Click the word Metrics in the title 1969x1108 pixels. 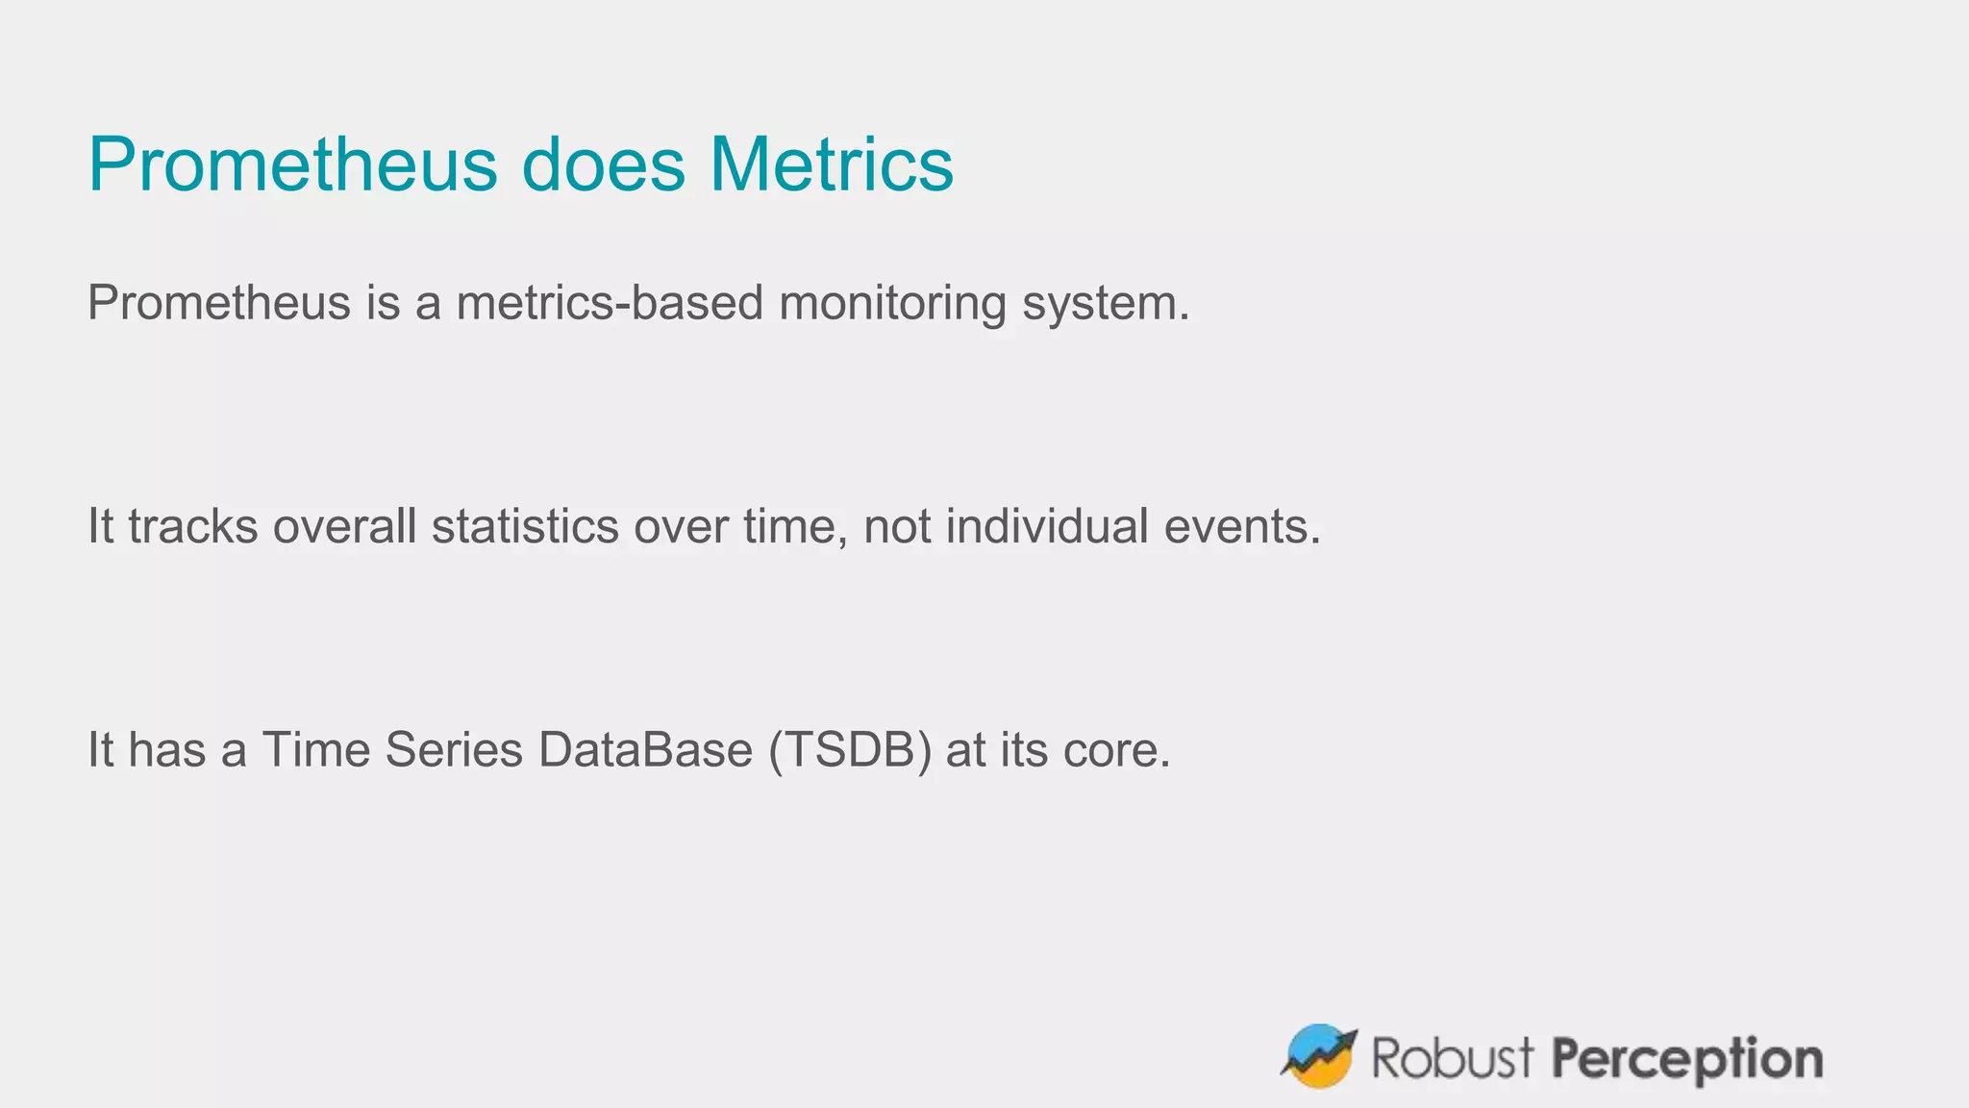(832, 165)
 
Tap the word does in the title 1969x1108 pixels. (603, 165)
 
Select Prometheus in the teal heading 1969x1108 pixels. (292, 165)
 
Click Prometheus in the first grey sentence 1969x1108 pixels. (219, 303)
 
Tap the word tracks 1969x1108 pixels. (192, 527)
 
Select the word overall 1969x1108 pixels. (344, 527)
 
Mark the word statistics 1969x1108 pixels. (525, 527)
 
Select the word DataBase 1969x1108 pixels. (645, 750)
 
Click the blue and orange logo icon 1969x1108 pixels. (1318, 1055)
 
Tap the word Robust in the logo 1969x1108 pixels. (1452, 1058)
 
